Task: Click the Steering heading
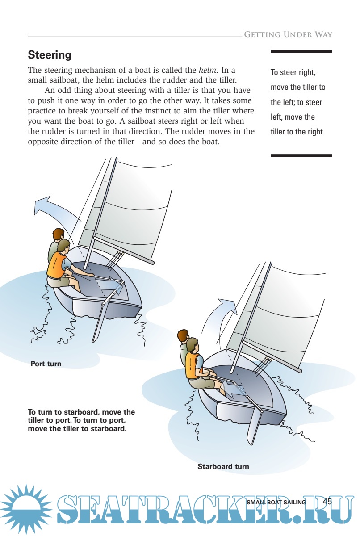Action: click(50, 55)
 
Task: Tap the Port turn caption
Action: click(46, 364)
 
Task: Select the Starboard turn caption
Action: click(223, 466)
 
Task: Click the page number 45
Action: click(327, 501)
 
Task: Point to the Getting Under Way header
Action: click(288, 35)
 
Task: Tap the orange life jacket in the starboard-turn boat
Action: click(193, 366)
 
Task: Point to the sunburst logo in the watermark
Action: click(26, 510)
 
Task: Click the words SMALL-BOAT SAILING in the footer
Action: click(276, 502)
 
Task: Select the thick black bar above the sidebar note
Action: click(301, 51)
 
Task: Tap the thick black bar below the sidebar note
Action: click(301, 155)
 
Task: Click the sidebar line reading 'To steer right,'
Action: click(293, 72)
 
